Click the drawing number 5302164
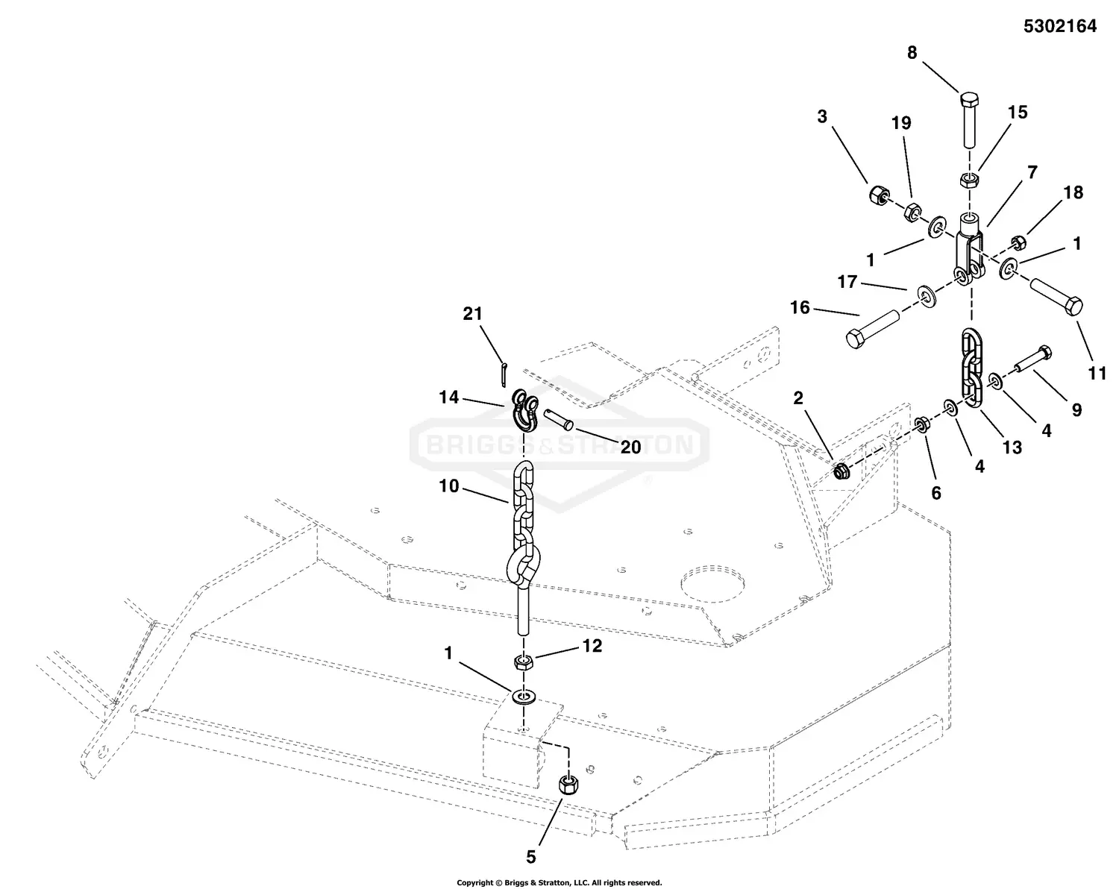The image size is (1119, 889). (1060, 27)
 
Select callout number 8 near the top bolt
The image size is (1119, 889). (912, 53)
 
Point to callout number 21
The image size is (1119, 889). (473, 314)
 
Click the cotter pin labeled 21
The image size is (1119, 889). (505, 371)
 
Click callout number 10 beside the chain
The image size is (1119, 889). (448, 486)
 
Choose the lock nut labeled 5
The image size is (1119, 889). (569, 785)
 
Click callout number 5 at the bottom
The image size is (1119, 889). (531, 857)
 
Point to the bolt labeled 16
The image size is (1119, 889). (872, 329)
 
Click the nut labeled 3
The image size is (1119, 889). (878, 196)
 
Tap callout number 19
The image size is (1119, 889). (901, 123)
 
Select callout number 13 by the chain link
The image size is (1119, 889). (1012, 447)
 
